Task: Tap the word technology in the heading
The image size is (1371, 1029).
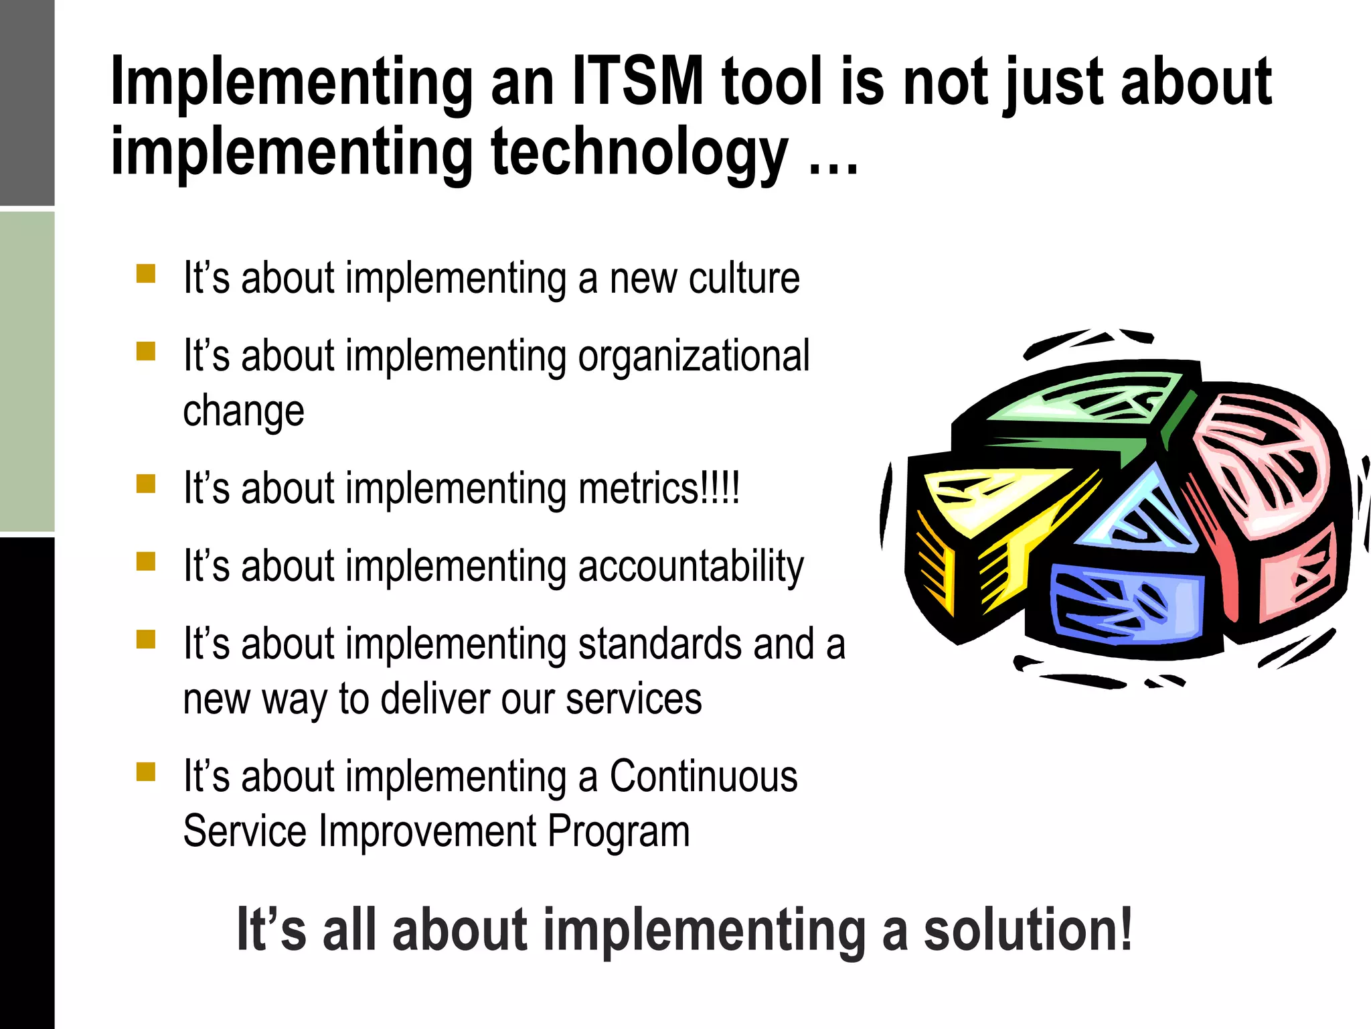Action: (x=639, y=153)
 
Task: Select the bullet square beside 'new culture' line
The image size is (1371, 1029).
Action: (x=146, y=274)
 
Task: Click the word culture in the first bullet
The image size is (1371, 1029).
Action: (x=744, y=278)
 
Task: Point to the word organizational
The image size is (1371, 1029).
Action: (x=694, y=356)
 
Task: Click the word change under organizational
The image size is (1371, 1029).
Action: (x=244, y=411)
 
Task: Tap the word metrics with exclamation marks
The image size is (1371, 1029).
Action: (x=659, y=488)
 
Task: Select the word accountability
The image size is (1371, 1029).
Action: (x=690, y=567)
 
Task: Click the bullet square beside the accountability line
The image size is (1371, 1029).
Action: (x=146, y=561)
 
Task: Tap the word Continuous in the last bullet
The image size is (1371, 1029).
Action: (x=703, y=776)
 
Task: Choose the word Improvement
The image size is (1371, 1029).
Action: (x=428, y=831)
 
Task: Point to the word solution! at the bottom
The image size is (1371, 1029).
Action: (x=1028, y=930)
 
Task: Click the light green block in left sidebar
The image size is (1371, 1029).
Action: (x=27, y=372)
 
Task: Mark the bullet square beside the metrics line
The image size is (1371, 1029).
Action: (x=146, y=484)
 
